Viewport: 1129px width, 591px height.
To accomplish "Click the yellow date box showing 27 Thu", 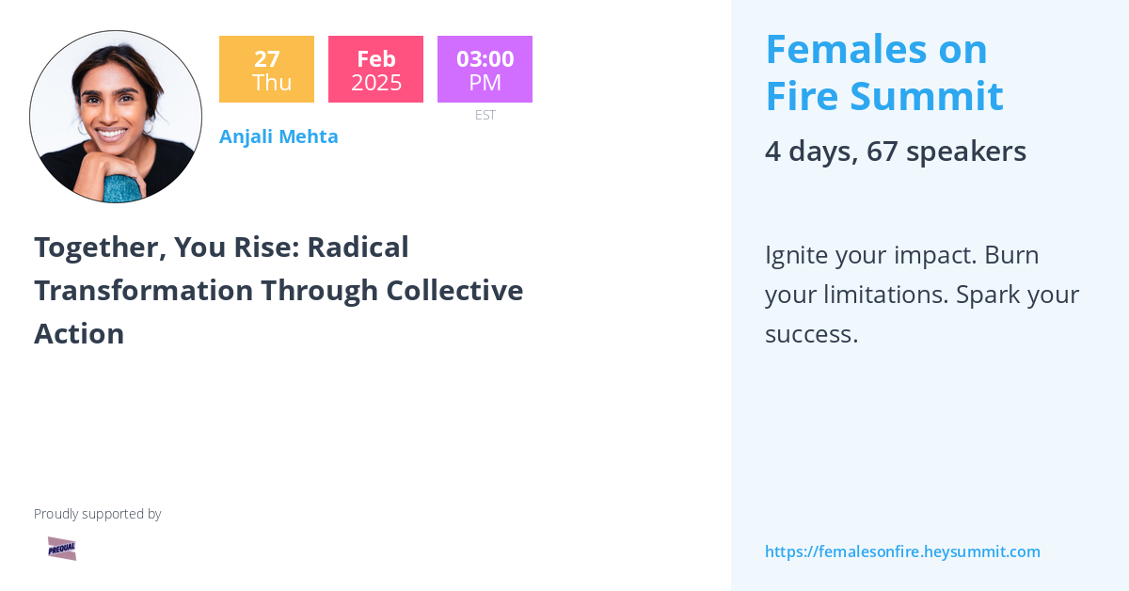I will point(266,70).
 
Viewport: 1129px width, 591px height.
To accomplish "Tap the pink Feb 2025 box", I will point(375,70).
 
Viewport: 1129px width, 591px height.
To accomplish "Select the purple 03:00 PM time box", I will point(485,70).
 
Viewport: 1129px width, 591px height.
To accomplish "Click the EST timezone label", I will point(485,115).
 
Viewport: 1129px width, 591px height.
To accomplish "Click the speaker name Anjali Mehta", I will point(278,136).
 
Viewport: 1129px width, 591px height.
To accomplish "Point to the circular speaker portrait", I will point(116,117).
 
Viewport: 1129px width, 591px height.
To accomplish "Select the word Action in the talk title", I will point(79,334).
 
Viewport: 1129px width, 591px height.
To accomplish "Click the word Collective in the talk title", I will point(460,291).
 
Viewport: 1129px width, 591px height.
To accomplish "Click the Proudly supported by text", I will point(97,514).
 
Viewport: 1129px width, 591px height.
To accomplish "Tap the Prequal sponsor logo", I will point(62,549).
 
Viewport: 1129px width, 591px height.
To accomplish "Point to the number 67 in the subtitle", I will point(882,152).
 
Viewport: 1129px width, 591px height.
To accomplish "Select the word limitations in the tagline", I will point(883,295).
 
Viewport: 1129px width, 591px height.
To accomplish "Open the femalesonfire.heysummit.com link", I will point(902,551).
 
